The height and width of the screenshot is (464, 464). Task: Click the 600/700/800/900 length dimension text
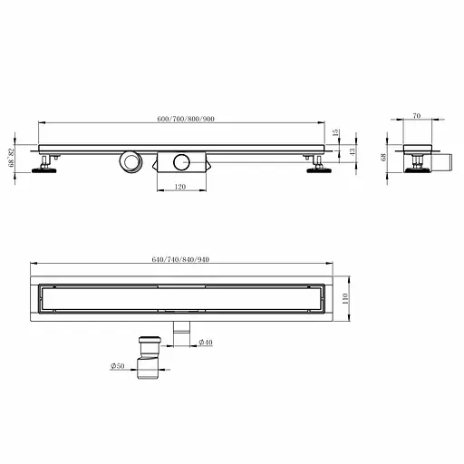[x=186, y=119]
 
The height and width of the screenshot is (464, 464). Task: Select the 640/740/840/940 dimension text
[x=180, y=259]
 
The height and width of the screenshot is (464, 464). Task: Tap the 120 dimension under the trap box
[x=180, y=187]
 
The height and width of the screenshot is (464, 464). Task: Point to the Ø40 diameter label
[x=206, y=343]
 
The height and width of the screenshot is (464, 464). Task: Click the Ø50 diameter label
[x=118, y=366]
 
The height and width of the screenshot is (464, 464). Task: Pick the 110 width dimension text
[x=345, y=298]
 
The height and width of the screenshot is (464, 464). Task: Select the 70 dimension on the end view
[x=417, y=116]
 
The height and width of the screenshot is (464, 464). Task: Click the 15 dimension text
[x=335, y=132]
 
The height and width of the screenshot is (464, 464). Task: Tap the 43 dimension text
[x=352, y=152]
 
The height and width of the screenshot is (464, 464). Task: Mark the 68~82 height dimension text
[x=12, y=158]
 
